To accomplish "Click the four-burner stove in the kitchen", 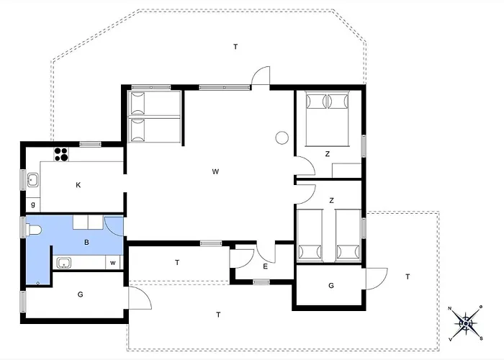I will coord(61,153).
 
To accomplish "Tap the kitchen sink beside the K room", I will coord(32,179).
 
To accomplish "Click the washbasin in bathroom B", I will coord(63,262).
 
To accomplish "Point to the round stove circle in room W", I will coord(282,138).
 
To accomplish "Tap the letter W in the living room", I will coord(215,171).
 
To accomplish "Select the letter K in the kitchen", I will coord(78,185).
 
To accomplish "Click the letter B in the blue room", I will coord(86,243).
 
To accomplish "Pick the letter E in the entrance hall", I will coord(265,267).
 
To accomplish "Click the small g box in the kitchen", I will coord(33,205).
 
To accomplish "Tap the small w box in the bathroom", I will coord(113,263).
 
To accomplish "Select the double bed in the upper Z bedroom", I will coord(328,117).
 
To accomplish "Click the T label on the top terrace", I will coord(235,47).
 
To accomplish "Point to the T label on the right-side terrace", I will coord(408,276).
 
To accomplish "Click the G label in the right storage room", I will coord(330,285).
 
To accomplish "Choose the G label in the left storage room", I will coord(80,294).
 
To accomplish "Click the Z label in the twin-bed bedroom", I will coord(331,200).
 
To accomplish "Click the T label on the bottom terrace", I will coord(218,314).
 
